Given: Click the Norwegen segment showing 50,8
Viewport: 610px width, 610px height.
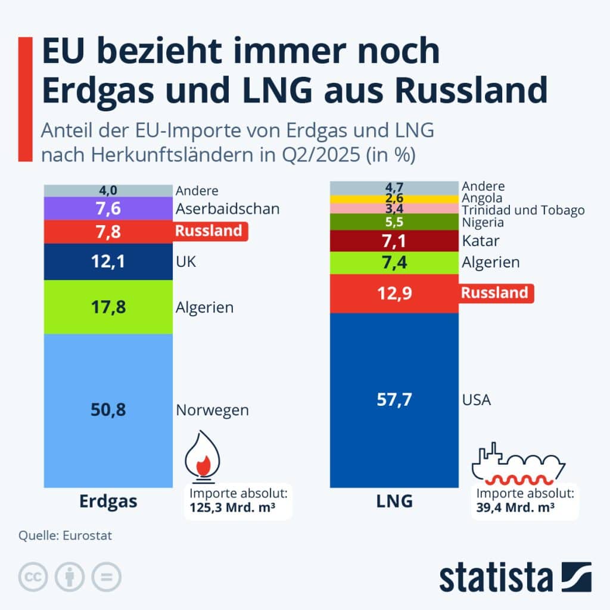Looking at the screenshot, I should [108, 410].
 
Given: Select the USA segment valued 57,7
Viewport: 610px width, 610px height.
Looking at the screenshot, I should [394, 400].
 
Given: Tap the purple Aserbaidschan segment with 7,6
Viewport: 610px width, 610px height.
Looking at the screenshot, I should [108, 209].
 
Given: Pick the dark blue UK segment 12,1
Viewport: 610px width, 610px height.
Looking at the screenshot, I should [108, 262].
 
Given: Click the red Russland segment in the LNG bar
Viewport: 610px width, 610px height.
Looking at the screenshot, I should [394, 293].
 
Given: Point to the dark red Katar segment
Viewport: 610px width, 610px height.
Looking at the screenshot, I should [394, 242].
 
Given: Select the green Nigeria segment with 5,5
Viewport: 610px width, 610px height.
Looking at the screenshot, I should [394, 222].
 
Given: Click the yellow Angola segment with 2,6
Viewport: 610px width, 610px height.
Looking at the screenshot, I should [394, 198].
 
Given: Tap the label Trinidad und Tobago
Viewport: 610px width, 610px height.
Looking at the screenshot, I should [523, 210].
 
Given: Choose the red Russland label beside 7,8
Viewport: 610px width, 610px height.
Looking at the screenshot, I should [208, 231].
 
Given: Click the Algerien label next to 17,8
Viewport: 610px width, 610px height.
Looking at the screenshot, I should [204, 307].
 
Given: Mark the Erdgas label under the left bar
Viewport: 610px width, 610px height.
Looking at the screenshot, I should [108, 502].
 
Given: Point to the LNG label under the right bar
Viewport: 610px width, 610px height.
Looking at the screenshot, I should [394, 502].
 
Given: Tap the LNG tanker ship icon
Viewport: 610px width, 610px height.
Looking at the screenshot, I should [516, 463].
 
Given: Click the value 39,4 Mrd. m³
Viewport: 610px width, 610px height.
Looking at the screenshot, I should [516, 508].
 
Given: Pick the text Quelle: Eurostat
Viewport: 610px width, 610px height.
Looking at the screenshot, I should [65, 536].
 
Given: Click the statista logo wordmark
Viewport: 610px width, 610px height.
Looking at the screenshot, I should [496, 578].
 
